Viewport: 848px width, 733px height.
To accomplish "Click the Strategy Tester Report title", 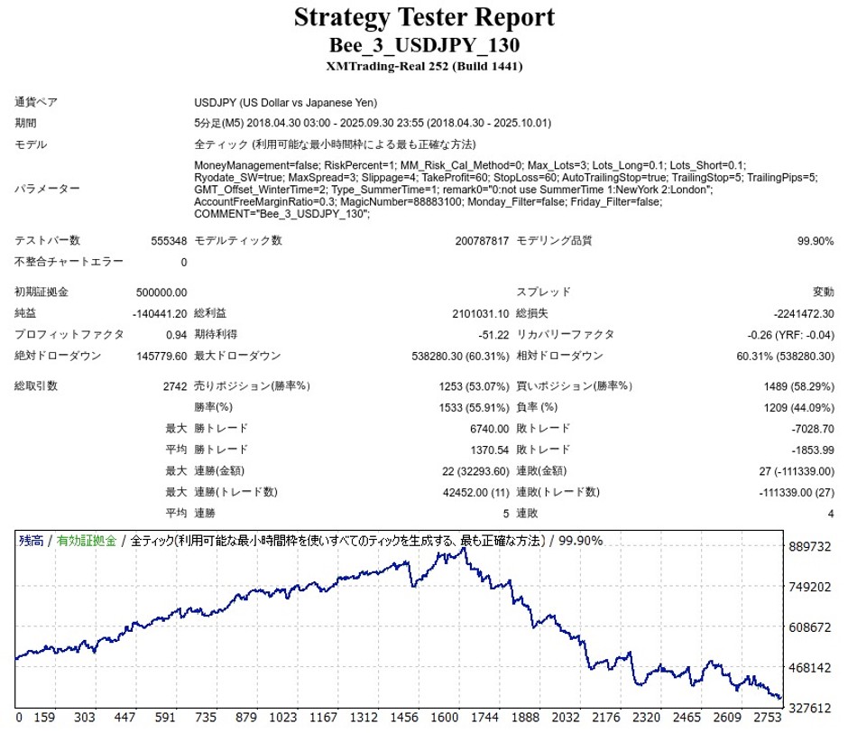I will click(424, 17).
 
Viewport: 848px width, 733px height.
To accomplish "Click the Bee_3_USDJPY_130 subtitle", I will click(424, 45).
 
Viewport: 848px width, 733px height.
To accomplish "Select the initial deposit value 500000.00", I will click(159, 292).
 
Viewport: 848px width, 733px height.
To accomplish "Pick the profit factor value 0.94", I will click(176, 335).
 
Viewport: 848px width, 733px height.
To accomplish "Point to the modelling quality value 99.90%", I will click(815, 241).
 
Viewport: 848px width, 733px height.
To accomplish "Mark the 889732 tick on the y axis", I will click(809, 547).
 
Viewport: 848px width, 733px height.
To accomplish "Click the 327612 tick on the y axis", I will click(809, 708).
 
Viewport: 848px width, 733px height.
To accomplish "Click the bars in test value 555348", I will click(169, 241).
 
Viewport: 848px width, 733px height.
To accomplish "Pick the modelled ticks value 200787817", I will click(483, 241).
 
